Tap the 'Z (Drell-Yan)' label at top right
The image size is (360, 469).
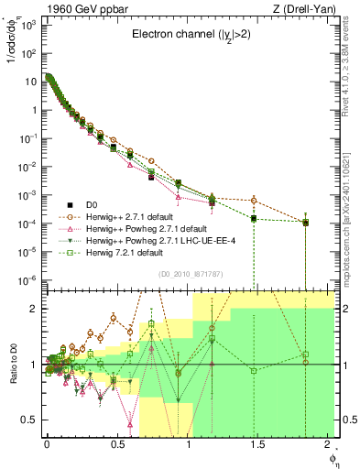(x=305, y=8)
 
